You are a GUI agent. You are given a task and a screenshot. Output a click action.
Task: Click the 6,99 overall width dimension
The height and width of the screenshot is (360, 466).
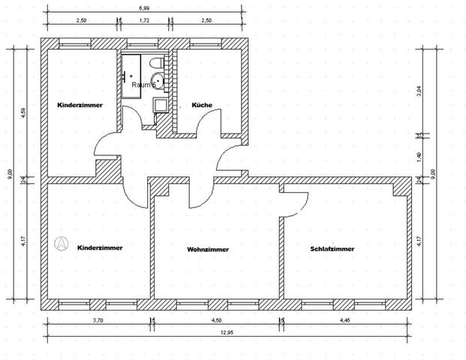click(143, 7)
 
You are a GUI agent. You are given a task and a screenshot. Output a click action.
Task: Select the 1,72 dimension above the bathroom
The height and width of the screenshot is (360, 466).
click(145, 22)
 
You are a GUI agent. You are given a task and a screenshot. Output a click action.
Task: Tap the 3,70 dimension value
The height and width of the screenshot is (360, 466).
click(98, 319)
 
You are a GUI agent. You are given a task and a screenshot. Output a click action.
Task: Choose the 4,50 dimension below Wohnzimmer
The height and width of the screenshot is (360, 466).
click(218, 319)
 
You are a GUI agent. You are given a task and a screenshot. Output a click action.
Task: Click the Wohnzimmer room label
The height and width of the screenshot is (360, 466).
click(208, 250)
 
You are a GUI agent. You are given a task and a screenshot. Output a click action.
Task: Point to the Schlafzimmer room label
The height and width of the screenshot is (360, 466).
click(332, 248)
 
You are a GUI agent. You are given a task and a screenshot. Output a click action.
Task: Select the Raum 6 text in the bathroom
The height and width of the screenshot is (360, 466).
click(143, 85)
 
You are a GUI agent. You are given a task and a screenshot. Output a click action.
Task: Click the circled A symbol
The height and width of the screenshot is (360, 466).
click(62, 244)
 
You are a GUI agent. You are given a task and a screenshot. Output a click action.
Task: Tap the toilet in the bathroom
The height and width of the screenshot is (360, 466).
click(155, 63)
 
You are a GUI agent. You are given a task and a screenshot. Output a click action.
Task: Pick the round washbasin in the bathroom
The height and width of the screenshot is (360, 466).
click(159, 80)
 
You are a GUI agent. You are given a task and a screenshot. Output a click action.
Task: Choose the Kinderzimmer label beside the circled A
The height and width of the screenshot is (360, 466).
click(100, 247)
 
